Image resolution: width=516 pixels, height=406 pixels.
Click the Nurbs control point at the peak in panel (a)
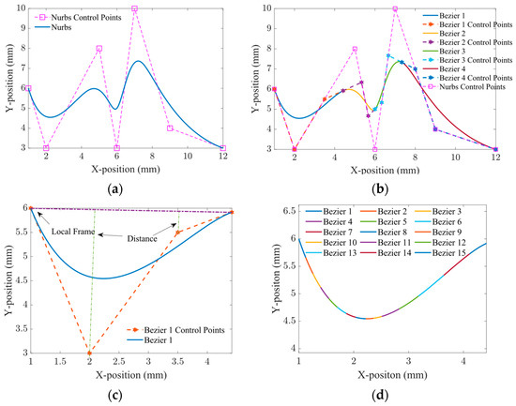(x=134, y=8)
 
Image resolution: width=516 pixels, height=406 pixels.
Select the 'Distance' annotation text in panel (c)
(x=145, y=238)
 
